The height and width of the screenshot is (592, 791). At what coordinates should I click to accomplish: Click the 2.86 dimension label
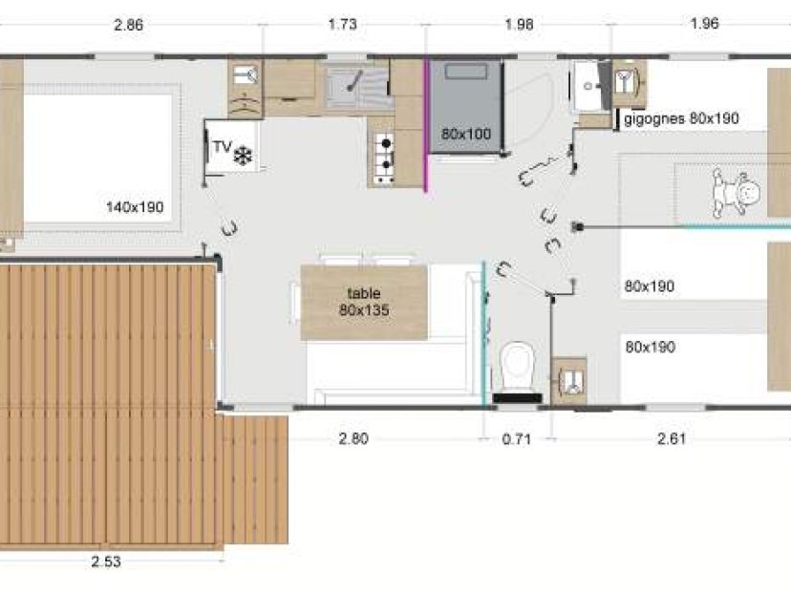click(129, 25)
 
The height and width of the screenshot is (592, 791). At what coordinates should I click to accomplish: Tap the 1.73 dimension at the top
click(343, 24)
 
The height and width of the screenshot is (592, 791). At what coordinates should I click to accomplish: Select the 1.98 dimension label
click(519, 24)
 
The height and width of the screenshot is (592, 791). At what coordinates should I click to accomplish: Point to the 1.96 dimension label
click(705, 24)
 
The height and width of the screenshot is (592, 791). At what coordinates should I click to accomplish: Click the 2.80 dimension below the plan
click(353, 438)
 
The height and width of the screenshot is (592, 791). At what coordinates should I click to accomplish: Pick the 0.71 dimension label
click(517, 439)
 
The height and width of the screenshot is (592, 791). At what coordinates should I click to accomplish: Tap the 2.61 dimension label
click(672, 438)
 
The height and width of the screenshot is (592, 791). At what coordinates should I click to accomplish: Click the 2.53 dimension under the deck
click(106, 561)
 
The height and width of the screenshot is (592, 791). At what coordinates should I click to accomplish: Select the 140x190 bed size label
click(135, 207)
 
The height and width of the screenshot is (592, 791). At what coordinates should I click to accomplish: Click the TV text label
click(222, 147)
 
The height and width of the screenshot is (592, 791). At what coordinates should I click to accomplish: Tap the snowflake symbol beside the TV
click(243, 157)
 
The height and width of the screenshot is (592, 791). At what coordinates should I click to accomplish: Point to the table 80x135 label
click(364, 302)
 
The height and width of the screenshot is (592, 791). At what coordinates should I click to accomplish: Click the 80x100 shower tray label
click(466, 134)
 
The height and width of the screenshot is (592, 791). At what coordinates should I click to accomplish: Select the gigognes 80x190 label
click(681, 119)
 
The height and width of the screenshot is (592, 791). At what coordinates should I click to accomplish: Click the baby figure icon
click(736, 193)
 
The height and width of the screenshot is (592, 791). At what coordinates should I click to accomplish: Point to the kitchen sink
click(357, 87)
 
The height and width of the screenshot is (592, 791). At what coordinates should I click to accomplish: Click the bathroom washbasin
click(587, 86)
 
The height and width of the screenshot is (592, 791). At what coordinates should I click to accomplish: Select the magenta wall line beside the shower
click(426, 125)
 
